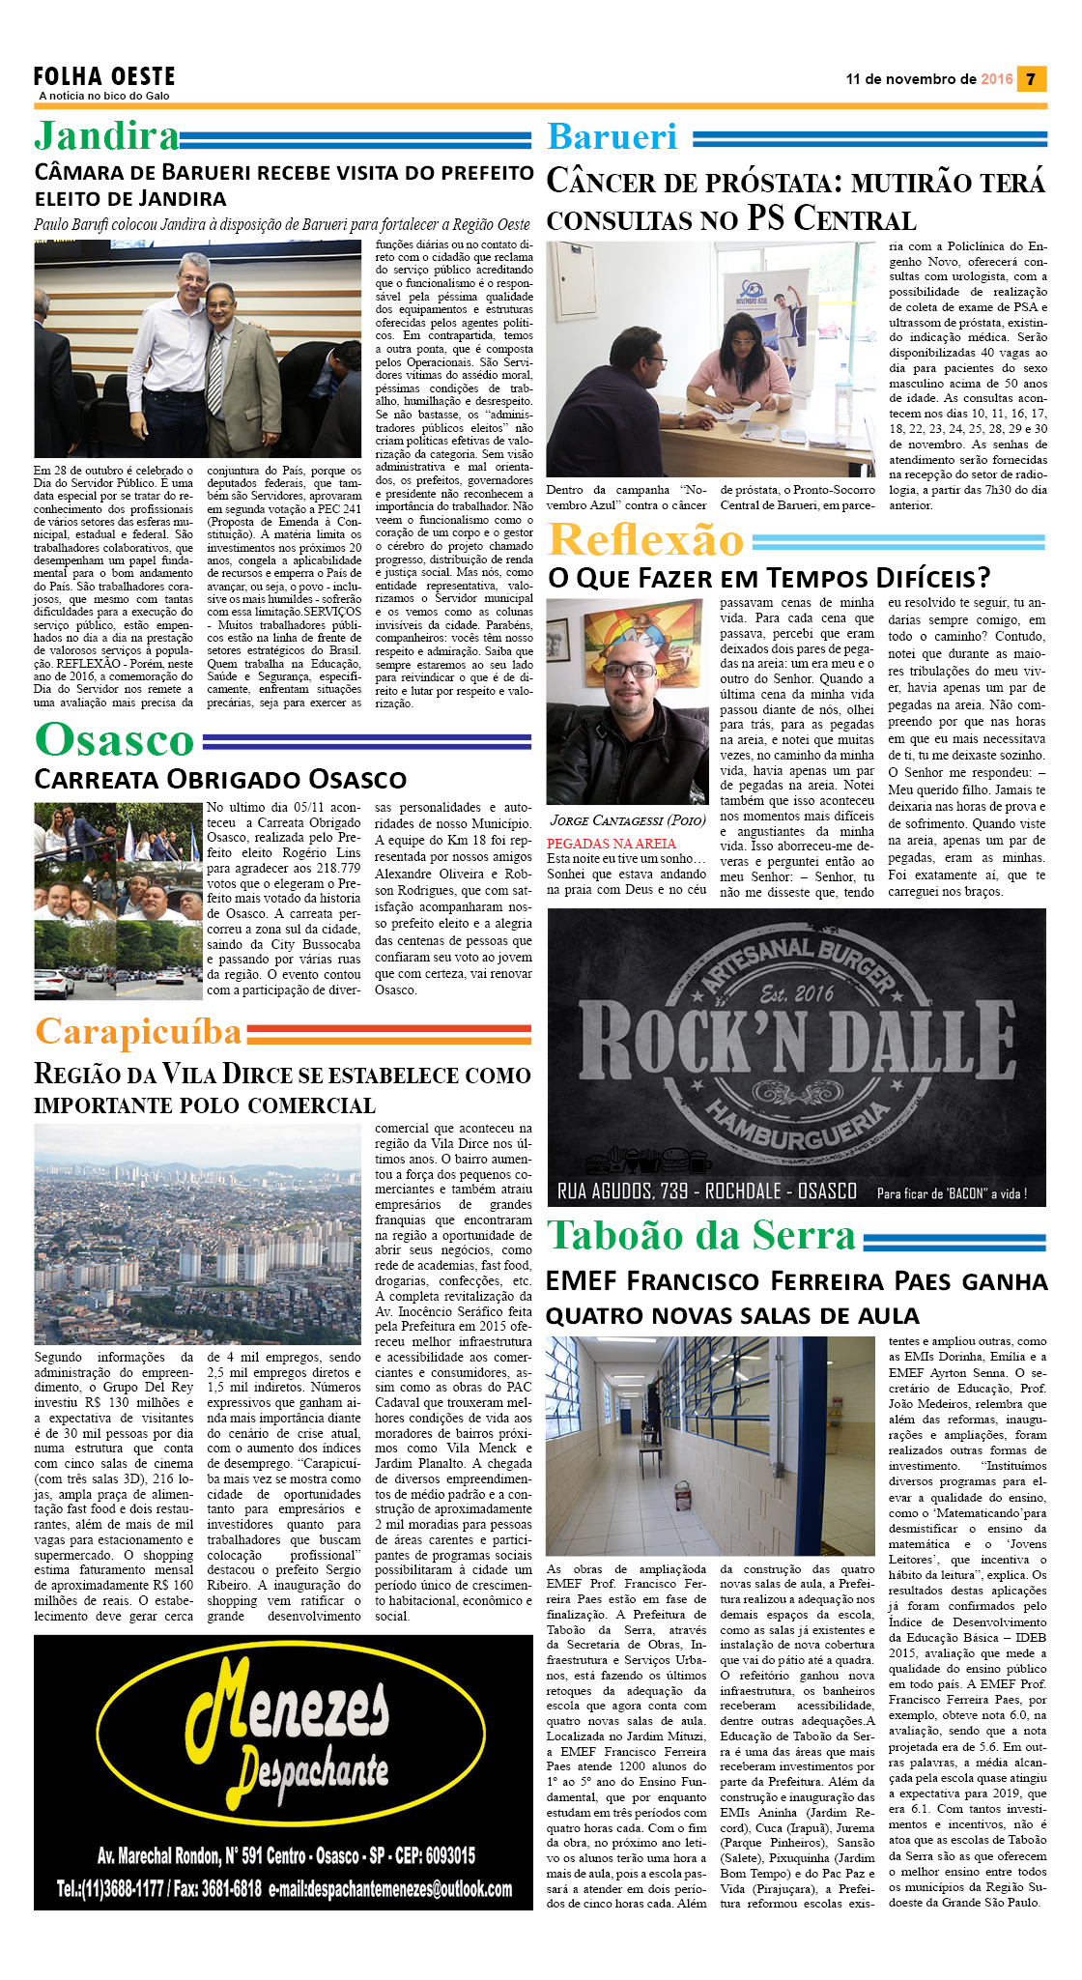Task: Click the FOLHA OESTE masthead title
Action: (104, 76)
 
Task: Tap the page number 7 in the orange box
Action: (1031, 79)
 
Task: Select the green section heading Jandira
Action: (107, 136)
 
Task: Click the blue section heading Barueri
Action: (612, 137)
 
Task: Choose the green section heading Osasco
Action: (114, 740)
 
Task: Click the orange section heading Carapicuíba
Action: (138, 1032)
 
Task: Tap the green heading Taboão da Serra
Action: (701, 1236)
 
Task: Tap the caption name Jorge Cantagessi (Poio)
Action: (627, 820)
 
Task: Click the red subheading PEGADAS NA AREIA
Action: (612, 844)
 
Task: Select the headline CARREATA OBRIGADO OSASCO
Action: (220, 779)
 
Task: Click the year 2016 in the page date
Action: (996, 79)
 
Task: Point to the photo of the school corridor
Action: (710, 1444)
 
